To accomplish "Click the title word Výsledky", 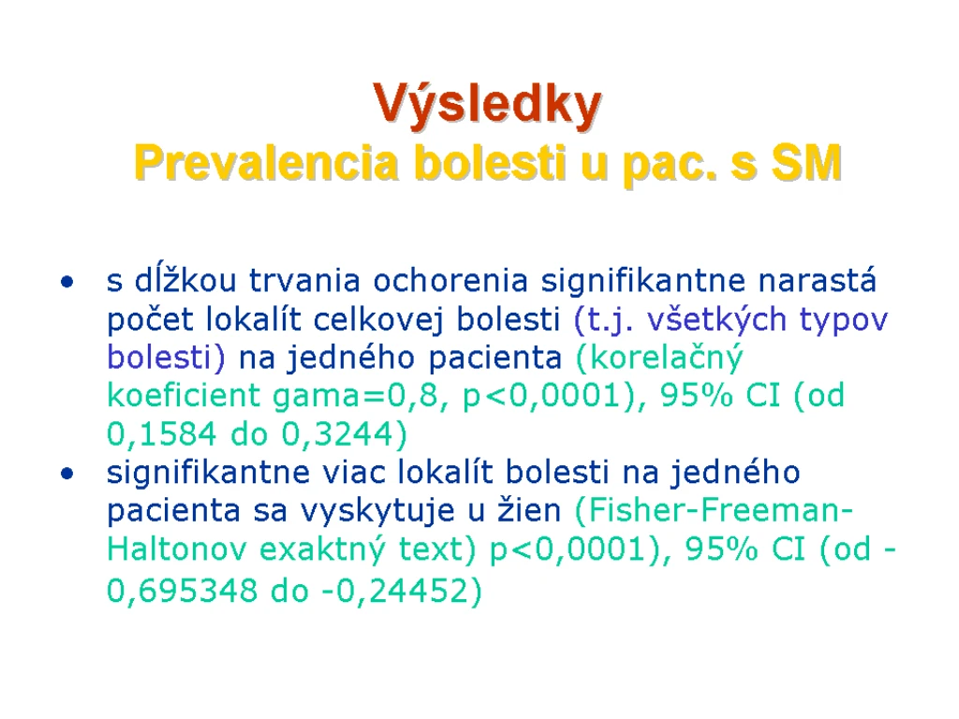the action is click(487, 105).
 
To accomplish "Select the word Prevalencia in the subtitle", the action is click(267, 163).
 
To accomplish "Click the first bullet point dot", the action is click(67, 282).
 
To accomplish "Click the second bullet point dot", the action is click(67, 473).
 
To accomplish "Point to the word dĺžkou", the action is click(185, 280).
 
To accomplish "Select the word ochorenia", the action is click(450, 281).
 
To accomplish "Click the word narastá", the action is click(817, 280).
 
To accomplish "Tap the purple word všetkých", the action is click(716, 319).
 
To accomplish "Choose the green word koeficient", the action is click(184, 395).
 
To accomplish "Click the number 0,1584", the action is click(161, 434).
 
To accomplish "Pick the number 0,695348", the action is click(183, 591).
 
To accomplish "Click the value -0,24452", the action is click(394, 591).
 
